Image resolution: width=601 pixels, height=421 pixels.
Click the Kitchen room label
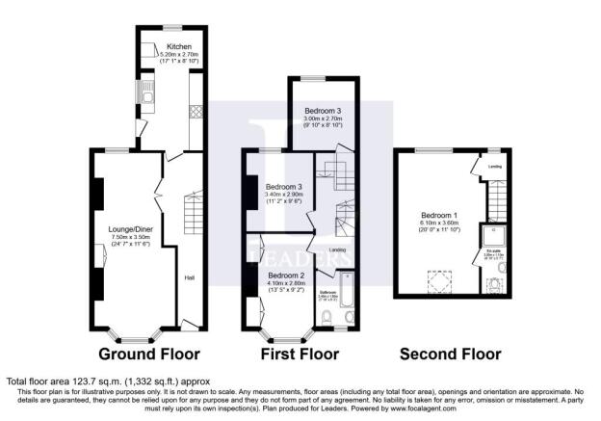coord(178,46)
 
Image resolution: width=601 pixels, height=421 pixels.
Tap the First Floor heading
coord(301,354)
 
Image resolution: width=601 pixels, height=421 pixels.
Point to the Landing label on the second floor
coord(495,166)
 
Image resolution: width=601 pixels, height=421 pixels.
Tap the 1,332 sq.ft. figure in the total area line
coord(162,382)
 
